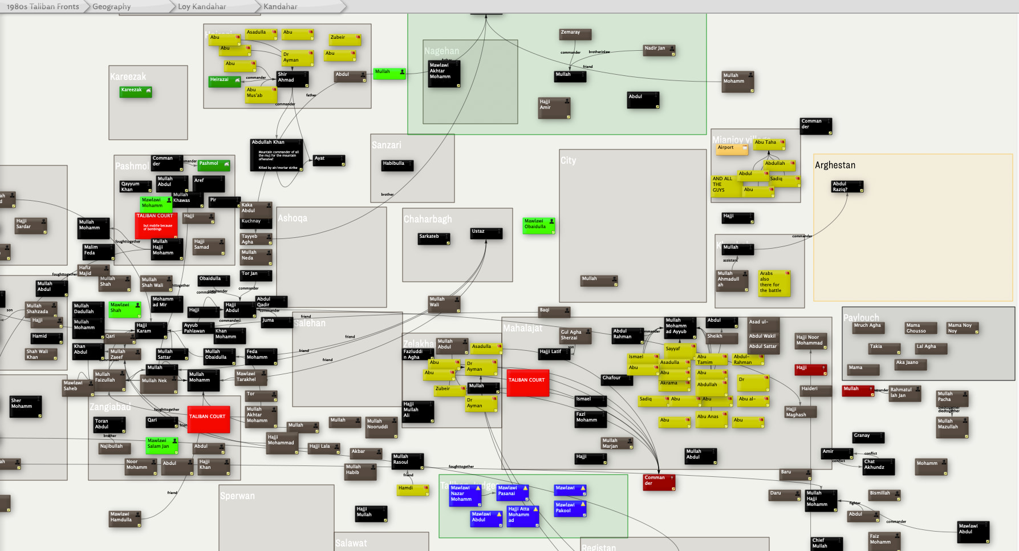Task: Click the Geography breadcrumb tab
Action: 112,7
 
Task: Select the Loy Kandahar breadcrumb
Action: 202,7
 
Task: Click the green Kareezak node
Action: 136,91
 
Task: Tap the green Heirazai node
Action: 224,82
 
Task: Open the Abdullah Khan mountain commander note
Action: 277,155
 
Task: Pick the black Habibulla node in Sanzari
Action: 397,165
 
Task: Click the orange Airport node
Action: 732,149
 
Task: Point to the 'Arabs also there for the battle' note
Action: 774,282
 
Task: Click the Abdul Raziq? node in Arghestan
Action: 847,187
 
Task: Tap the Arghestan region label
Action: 835,165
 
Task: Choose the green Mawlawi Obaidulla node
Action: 538,225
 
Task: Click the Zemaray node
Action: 575,34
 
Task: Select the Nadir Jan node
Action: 659,50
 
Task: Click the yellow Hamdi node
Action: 412,490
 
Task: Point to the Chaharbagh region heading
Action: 428,220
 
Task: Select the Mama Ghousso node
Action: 920,328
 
